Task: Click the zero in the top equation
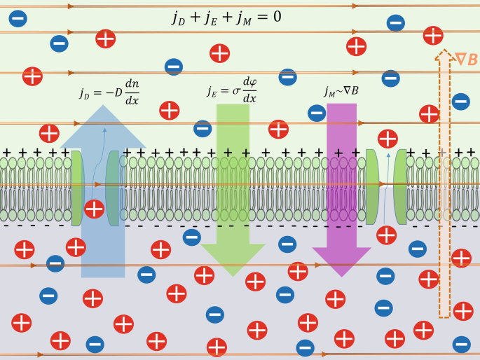pos(277,16)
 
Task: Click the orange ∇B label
pos(466,60)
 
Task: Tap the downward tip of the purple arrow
pos(341,274)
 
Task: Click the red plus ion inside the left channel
pos(94,208)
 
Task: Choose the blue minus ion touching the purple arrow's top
pos(317,111)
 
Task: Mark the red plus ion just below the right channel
pos(386,235)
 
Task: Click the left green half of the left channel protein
pos(77,188)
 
